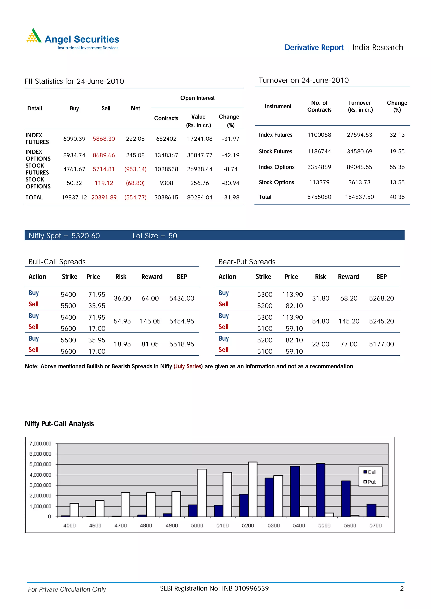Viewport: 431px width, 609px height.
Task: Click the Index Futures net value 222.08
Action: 135,139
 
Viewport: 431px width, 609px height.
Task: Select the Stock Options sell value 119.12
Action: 104,183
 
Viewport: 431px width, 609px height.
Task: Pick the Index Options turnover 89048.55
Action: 359,167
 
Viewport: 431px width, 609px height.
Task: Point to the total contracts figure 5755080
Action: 319,197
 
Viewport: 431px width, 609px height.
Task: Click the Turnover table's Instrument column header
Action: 278,106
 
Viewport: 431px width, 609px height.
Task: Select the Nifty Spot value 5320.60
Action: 85,236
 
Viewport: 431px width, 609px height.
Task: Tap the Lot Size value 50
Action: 173,236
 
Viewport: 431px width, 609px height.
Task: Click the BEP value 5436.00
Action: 182,298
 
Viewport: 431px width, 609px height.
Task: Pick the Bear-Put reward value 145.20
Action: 349,321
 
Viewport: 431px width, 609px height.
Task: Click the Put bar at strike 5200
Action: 253,490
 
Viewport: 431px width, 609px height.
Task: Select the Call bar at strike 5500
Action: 321,490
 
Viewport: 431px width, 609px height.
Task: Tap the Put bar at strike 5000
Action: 202,493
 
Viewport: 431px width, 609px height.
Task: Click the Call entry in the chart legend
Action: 370,472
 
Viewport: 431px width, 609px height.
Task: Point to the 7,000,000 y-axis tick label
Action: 40,443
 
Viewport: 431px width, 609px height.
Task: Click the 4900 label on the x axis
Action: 172,525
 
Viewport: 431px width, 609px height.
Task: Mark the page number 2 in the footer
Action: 402,589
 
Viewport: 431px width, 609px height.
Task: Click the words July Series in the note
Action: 188,366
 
